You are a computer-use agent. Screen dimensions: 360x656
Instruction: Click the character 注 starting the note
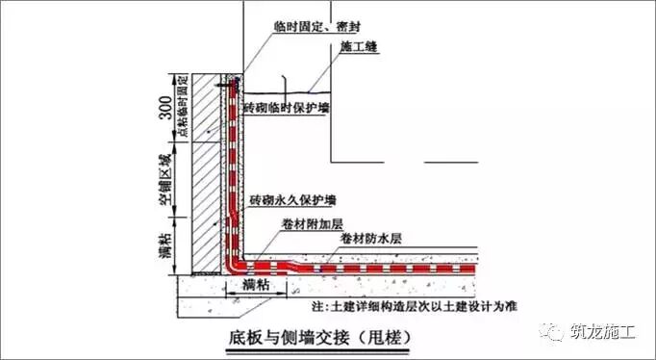pos(317,304)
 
